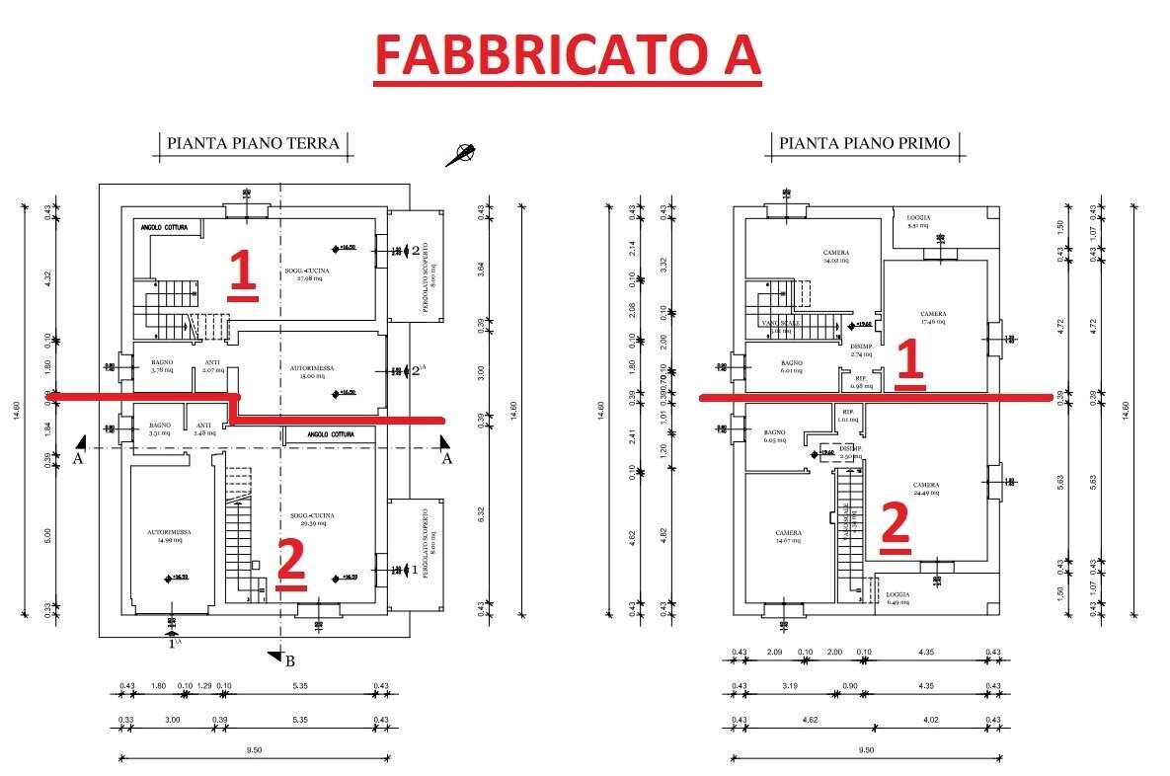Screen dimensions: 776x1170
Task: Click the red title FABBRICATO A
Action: point(569,54)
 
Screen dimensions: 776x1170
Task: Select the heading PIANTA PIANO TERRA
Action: point(253,143)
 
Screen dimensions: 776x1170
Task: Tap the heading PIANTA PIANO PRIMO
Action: point(864,143)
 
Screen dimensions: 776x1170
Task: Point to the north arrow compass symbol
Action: point(460,154)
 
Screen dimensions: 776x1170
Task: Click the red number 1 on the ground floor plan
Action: point(243,273)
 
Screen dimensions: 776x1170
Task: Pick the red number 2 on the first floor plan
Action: point(894,525)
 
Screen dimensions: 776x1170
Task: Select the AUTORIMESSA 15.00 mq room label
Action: point(312,371)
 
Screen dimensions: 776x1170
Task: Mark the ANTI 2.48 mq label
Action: point(204,428)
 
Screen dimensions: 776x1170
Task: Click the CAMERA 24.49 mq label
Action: point(925,490)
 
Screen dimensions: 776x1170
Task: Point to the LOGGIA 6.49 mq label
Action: point(897,598)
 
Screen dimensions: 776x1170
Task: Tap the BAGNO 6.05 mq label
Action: point(774,436)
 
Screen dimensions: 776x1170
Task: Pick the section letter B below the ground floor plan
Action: point(289,660)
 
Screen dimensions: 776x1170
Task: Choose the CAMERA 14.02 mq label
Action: point(836,257)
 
